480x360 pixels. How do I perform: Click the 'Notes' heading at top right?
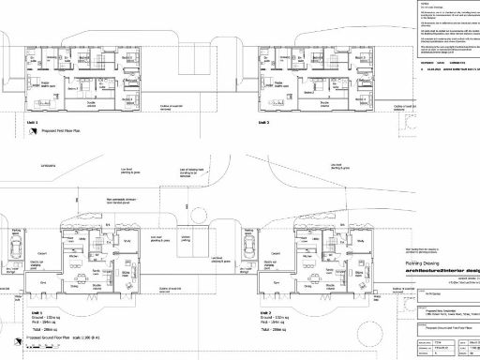412,5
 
